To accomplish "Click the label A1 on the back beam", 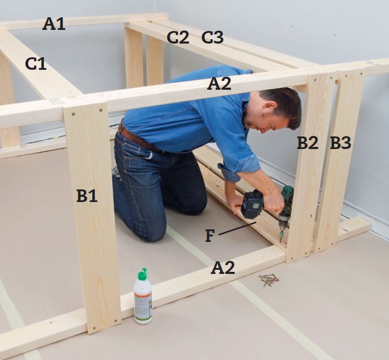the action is (x=54, y=24).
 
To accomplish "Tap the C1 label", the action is (x=36, y=63).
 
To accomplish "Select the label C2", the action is (x=178, y=37).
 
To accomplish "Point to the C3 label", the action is (x=213, y=37).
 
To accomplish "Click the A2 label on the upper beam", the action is (x=219, y=83).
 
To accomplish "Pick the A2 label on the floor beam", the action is (x=223, y=268).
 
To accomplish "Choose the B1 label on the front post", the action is (x=87, y=196).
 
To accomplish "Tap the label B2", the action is (x=308, y=143).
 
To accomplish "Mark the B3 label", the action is (x=340, y=143).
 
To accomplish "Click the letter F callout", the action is (x=209, y=236).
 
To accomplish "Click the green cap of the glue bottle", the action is (x=143, y=274).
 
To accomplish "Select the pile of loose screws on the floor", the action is (x=268, y=280).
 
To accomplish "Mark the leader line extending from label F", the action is (x=237, y=228).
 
